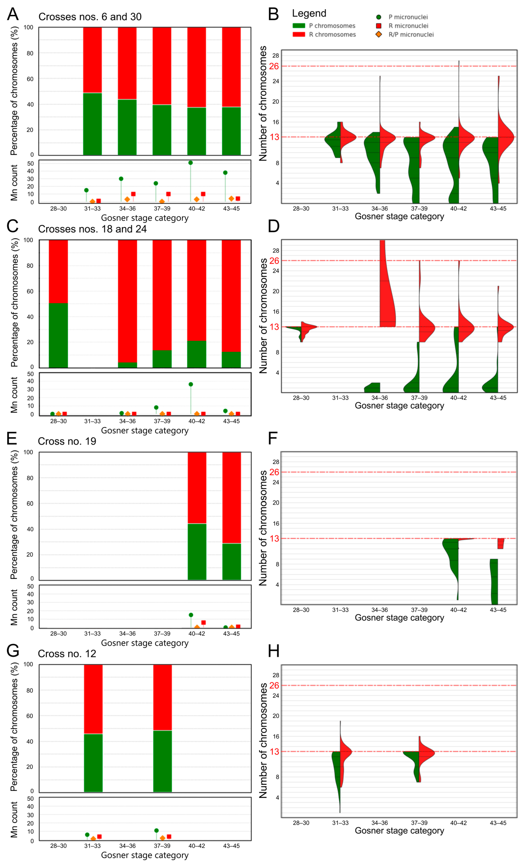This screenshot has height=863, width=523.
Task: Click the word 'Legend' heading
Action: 309,13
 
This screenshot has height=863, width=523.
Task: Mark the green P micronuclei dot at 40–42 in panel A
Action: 190,163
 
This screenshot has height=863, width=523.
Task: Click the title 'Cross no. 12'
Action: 67,654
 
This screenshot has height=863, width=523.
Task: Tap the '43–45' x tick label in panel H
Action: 498,823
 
